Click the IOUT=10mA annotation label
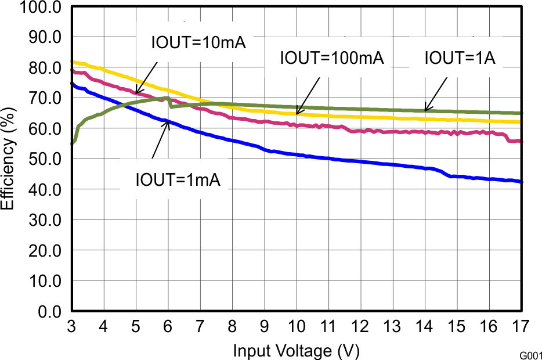click(199, 43)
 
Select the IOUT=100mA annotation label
click(332, 58)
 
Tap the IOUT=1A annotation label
click(460, 58)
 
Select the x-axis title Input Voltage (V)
click(296, 351)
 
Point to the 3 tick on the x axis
click(72, 326)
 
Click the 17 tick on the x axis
click(522, 326)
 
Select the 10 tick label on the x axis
click(297, 326)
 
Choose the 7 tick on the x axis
click(200, 326)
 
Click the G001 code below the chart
click(530, 354)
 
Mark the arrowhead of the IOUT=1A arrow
click(425, 110)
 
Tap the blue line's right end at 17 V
click(522, 182)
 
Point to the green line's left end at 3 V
click(73, 143)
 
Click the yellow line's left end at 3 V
click(73, 62)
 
